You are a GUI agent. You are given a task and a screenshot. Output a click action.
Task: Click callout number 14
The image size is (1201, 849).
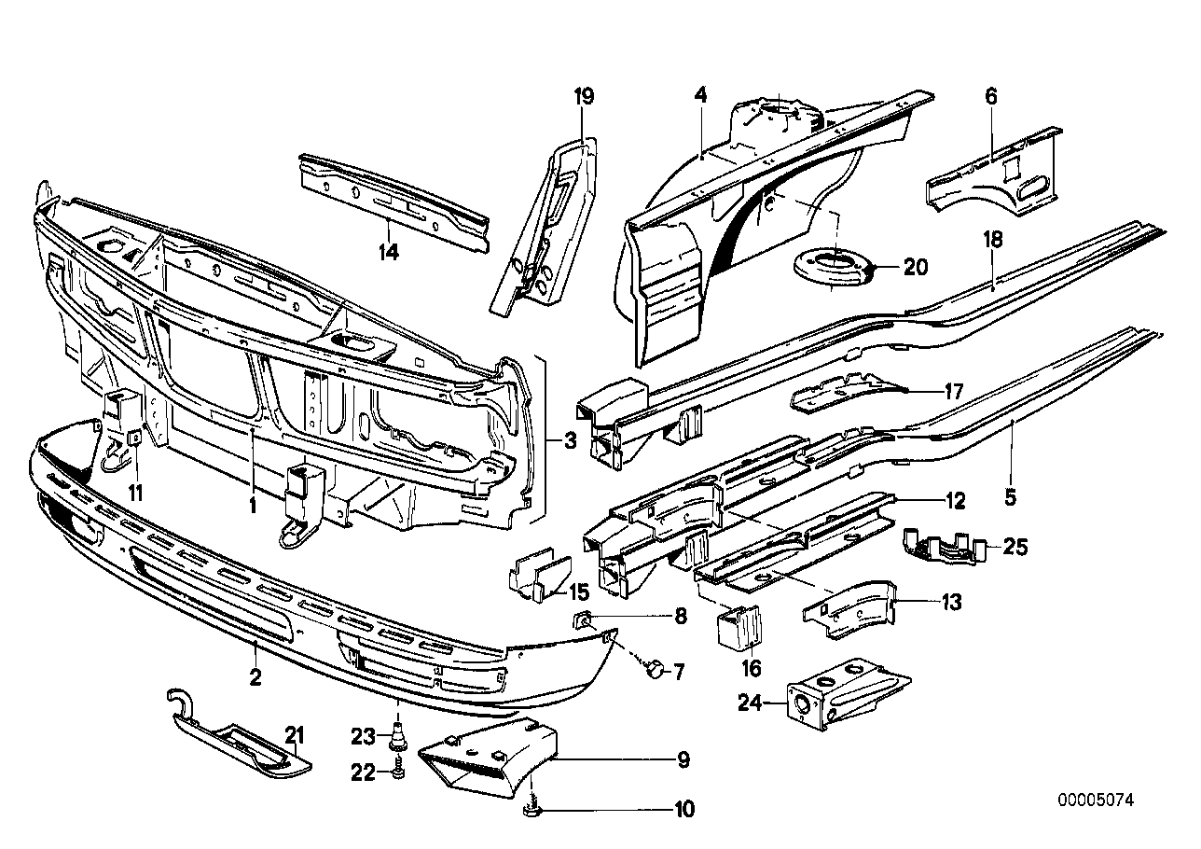tap(388, 252)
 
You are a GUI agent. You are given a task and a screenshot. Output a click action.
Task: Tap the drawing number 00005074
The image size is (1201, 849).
tap(1097, 800)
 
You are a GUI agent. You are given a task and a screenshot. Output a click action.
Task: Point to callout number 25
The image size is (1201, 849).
tap(1015, 547)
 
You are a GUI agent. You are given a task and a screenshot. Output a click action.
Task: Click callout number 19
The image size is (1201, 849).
tap(584, 97)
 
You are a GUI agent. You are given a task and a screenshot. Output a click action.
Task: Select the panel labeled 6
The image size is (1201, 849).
tap(994, 168)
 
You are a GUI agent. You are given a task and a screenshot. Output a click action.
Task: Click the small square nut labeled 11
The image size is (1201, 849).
tap(134, 437)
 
